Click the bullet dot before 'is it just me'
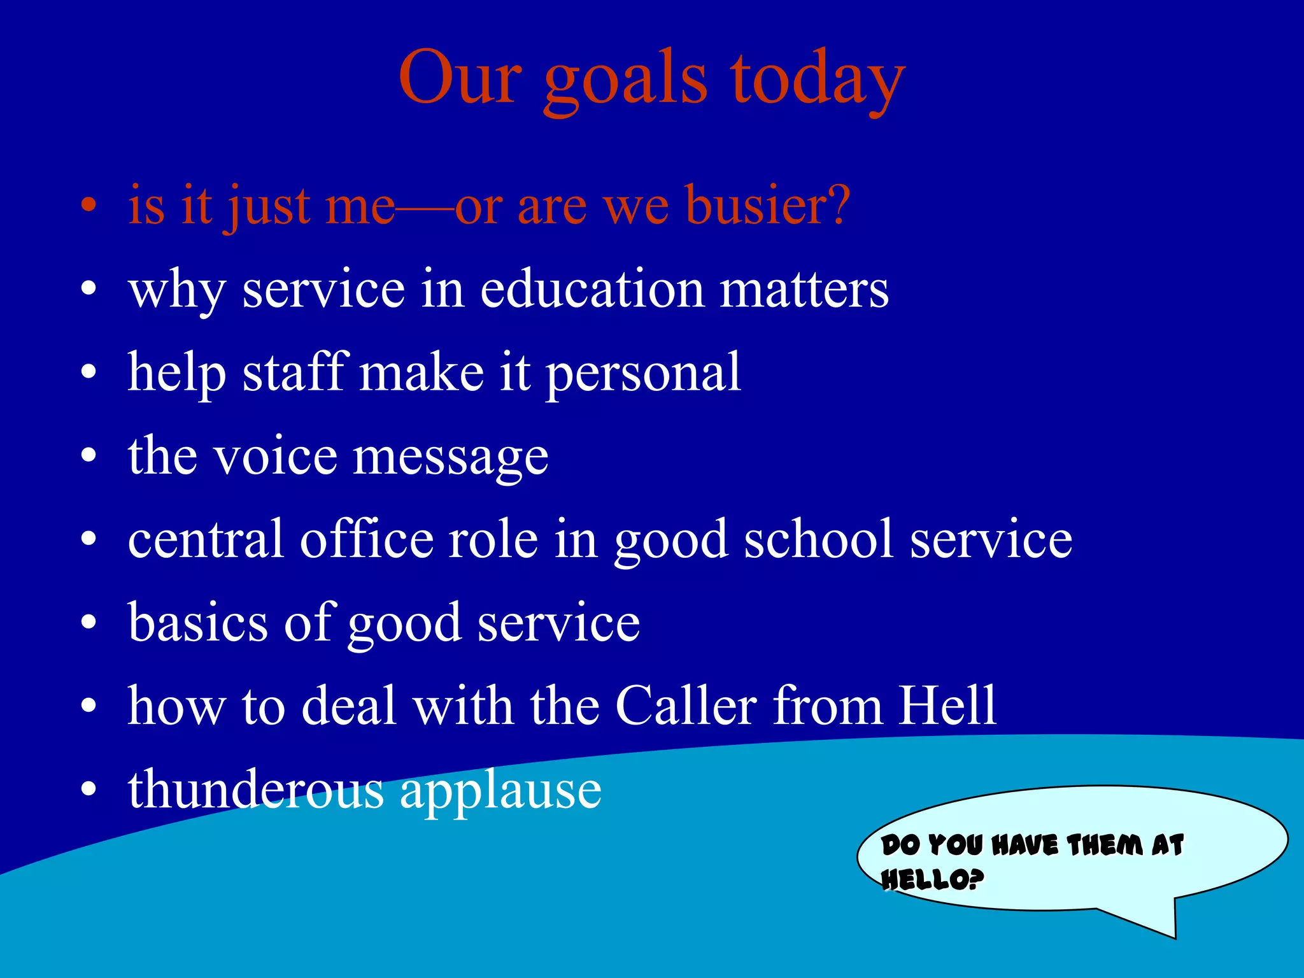89,207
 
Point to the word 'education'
592,290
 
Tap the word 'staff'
295,372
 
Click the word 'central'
205,540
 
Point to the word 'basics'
198,623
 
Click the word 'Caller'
686,706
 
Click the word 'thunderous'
255,790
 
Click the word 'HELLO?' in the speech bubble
932,881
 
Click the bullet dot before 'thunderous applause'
89,790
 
